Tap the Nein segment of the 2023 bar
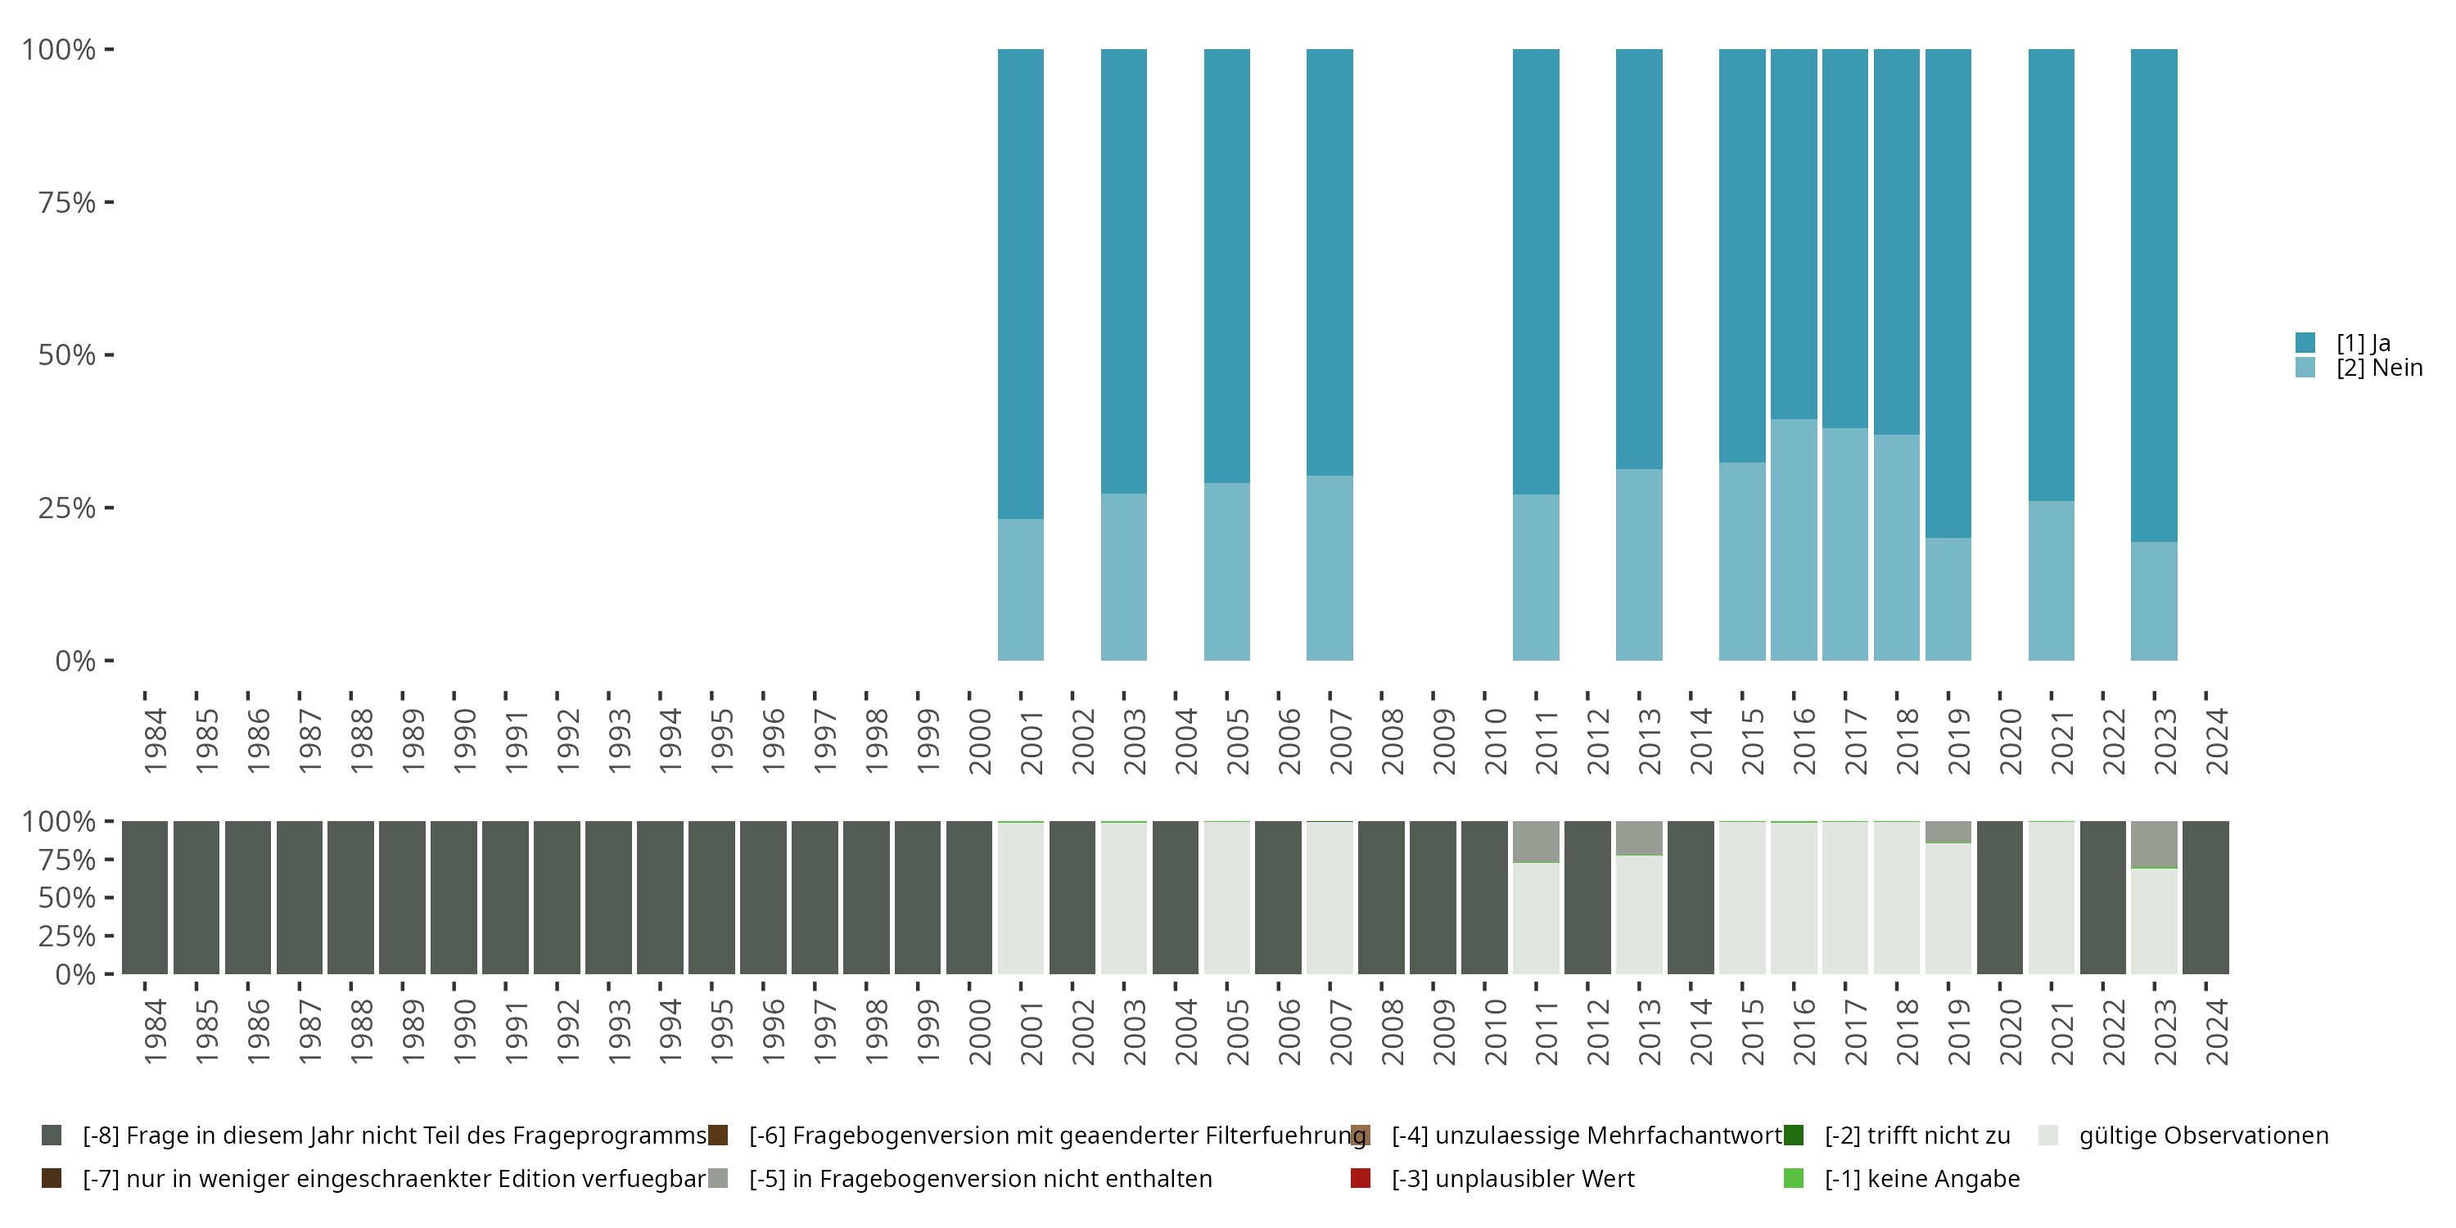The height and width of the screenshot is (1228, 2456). point(2154,601)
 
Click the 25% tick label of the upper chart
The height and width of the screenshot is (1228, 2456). point(67,508)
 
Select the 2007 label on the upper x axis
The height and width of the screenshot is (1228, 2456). point(1340,742)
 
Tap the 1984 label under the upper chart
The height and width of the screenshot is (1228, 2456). point(155,742)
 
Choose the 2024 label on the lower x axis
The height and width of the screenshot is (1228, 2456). point(2217,1032)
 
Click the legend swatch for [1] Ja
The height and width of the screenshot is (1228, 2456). point(2305,342)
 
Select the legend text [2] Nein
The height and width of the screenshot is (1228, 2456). point(2379,368)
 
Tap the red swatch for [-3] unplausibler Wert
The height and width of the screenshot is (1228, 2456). point(1361,1178)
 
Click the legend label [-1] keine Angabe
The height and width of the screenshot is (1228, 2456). point(1921,1178)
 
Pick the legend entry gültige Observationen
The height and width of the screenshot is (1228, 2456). point(2202,1135)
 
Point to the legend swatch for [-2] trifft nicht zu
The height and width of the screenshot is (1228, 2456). point(1794,1135)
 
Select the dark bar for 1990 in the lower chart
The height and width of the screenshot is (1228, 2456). point(454,897)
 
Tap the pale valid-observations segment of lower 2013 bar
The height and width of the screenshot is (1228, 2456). point(1639,914)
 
